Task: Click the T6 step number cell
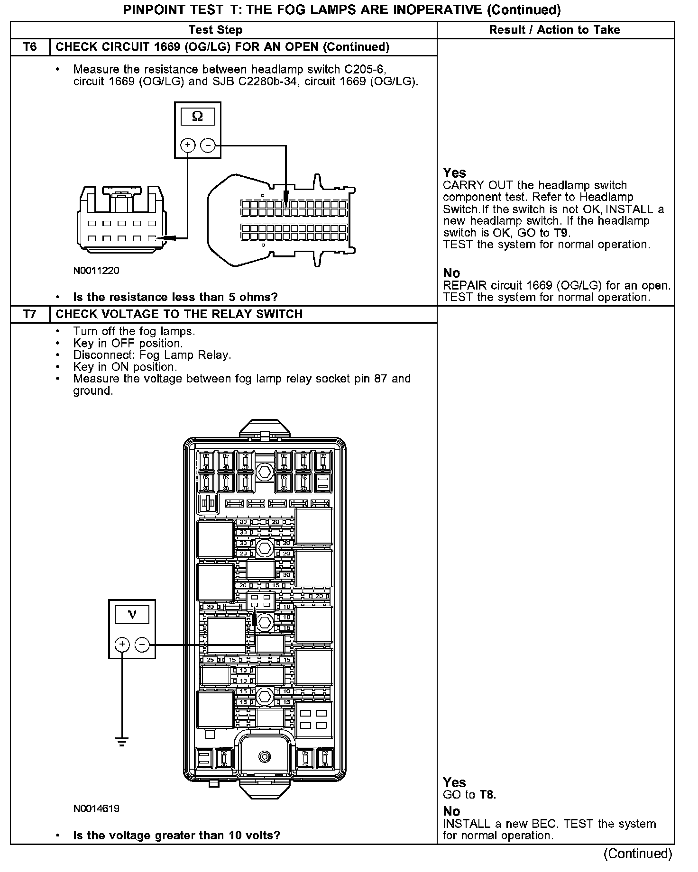(x=29, y=47)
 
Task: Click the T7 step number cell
(x=29, y=314)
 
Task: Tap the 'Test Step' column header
(x=215, y=30)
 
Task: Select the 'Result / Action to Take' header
(x=554, y=30)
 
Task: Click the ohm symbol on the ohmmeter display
(x=197, y=117)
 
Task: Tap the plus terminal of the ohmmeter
(x=188, y=145)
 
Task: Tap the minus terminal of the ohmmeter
(x=208, y=145)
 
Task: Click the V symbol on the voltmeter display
(x=132, y=615)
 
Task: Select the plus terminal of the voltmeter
(x=122, y=645)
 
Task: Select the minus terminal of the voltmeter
(x=142, y=645)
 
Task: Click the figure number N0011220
(x=96, y=271)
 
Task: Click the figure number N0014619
(x=96, y=808)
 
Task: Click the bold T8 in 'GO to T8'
(x=487, y=795)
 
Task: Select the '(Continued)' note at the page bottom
(x=638, y=854)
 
